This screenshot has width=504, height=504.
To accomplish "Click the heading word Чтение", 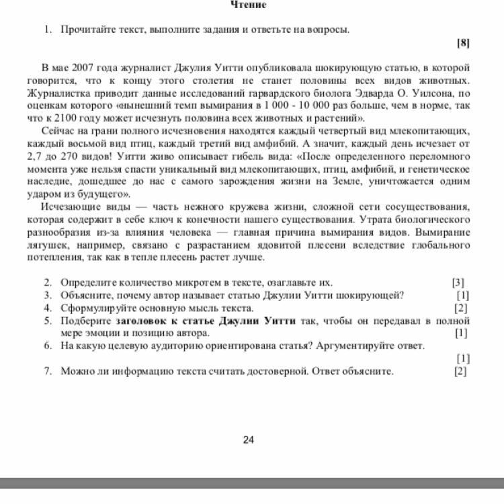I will tap(248, 5).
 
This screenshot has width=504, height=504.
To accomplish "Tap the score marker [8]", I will tap(463, 43).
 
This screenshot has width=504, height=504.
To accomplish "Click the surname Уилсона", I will tap(437, 93).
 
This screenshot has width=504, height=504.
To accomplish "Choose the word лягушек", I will tap(47, 245).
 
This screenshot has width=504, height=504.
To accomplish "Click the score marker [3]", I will tap(458, 283).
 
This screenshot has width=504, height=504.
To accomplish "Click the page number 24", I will tap(248, 440).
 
